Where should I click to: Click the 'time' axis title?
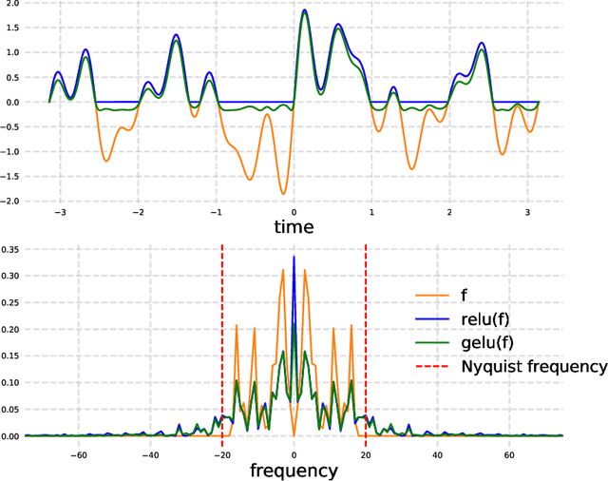(294, 227)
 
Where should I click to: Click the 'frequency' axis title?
(294, 470)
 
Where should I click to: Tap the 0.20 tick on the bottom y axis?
(12, 329)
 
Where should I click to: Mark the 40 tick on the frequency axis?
(438, 453)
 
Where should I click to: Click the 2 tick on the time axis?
(451, 214)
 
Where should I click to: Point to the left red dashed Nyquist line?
(222, 342)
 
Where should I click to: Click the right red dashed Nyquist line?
(366, 342)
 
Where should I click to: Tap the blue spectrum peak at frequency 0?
(294, 258)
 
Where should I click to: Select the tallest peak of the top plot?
(304, 10)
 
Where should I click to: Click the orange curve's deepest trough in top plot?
(282, 194)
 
